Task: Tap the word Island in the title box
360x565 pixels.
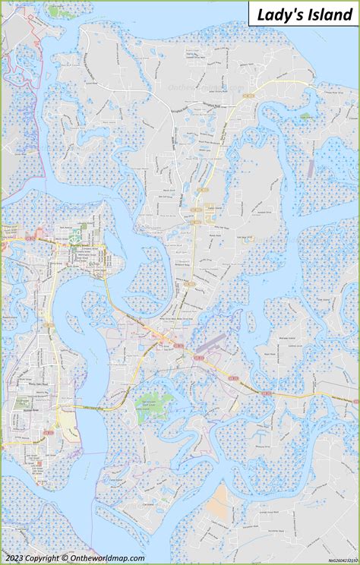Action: click(327, 14)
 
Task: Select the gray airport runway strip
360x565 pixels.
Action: click(210, 344)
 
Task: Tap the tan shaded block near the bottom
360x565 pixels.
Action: click(219, 497)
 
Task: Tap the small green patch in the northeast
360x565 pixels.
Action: click(305, 116)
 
